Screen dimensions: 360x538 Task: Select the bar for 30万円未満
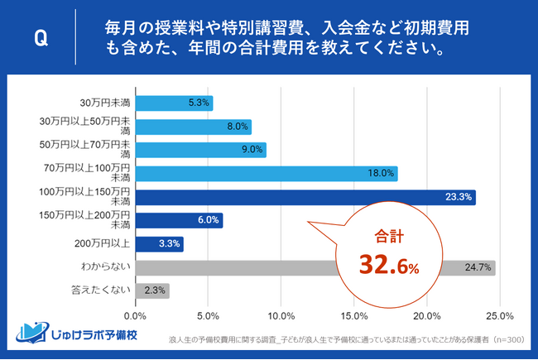(173, 103)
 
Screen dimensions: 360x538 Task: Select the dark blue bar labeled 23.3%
(305, 197)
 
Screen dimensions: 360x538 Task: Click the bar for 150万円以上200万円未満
(178, 221)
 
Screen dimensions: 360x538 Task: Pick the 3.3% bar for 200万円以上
(158, 244)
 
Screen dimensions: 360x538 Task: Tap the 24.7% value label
(479, 267)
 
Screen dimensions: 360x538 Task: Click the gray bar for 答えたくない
(151, 290)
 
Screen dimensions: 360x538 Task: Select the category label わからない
(108, 267)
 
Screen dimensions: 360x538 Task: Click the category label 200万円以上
(104, 244)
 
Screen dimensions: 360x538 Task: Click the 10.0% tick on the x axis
(281, 315)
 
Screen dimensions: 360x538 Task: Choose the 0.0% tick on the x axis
(135, 315)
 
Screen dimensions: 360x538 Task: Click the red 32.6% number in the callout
(388, 265)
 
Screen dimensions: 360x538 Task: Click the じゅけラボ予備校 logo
(80, 335)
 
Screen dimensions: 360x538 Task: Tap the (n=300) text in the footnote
(507, 339)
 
